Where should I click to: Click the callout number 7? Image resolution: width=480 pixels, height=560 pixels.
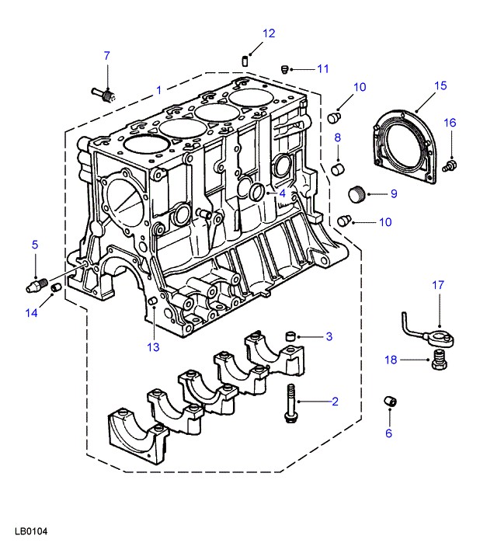(107, 55)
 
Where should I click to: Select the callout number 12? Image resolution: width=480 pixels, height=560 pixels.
(269, 33)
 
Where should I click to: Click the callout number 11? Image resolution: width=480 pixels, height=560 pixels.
(322, 68)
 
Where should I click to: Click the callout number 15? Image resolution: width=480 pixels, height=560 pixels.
(440, 85)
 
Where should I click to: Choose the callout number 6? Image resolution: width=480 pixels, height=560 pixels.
(389, 433)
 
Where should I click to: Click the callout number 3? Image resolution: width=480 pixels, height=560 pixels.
(329, 336)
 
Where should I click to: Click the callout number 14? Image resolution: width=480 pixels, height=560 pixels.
(31, 313)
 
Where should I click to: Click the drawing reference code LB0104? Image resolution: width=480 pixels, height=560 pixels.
(31, 533)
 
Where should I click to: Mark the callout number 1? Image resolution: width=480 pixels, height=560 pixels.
(158, 90)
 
